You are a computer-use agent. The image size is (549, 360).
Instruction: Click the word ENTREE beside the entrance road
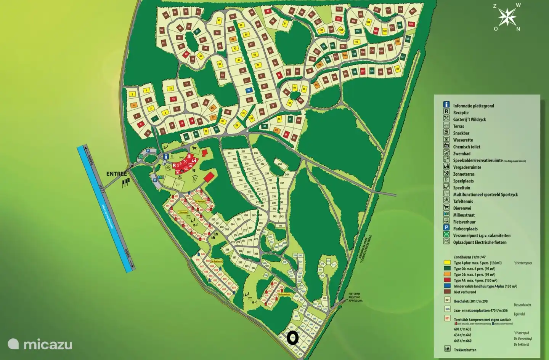pyautogui.click(x=116, y=174)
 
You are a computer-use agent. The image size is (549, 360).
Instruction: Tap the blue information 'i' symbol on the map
pyautogui.click(x=166, y=156)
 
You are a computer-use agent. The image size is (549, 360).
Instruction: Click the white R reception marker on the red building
pyautogui.click(x=174, y=165)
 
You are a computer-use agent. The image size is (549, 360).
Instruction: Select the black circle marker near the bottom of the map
pyautogui.click(x=292, y=338)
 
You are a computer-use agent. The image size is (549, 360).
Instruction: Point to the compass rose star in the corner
pyautogui.click(x=507, y=17)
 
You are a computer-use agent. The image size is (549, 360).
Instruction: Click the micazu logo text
pyautogui.click(x=48, y=345)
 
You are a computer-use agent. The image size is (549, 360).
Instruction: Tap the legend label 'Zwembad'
pyautogui.click(x=461, y=154)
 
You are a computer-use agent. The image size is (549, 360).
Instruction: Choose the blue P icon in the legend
pyautogui.click(x=446, y=227)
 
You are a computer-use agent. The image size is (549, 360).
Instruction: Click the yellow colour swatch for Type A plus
pyautogui.click(x=447, y=263)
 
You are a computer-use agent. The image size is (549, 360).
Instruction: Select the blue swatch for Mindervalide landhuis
pyautogui.click(x=447, y=286)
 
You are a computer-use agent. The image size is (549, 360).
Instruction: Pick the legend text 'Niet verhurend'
pyautogui.click(x=465, y=292)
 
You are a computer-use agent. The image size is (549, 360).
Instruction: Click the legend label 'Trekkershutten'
pyautogui.click(x=465, y=350)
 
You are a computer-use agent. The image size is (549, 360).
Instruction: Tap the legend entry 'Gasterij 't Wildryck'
pyautogui.click(x=469, y=119)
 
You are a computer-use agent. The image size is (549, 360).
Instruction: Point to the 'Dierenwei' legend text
pyautogui.click(x=462, y=208)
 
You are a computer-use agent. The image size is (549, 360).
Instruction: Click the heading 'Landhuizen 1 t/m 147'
pyautogui.click(x=470, y=257)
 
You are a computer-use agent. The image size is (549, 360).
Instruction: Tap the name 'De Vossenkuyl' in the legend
pyautogui.click(x=522, y=339)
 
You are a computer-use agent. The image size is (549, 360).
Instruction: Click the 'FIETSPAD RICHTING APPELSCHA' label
pyautogui.click(x=355, y=297)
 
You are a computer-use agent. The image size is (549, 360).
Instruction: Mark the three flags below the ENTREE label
pyautogui.click(x=125, y=184)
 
